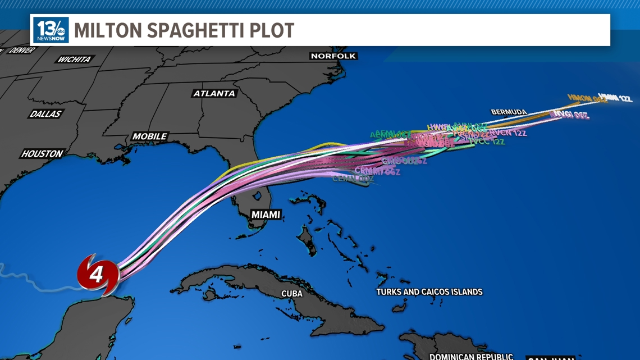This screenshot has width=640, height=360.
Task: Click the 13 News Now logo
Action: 51,30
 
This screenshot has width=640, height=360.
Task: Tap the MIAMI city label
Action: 266,215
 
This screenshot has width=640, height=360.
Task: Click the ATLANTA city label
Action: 214,93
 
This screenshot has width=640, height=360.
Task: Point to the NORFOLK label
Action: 333,56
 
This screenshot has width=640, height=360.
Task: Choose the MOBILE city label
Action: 149,136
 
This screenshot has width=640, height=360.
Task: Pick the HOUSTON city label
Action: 42,153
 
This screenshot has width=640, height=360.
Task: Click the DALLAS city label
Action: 45,114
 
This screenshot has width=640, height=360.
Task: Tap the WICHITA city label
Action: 74,60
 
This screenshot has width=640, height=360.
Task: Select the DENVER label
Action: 22,51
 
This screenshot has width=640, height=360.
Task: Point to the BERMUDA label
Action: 509,112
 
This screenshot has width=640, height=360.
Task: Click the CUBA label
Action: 292,294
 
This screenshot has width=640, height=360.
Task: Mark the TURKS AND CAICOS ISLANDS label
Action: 429,292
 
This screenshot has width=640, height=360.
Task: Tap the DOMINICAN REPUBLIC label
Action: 471,356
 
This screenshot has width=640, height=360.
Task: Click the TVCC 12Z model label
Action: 486,142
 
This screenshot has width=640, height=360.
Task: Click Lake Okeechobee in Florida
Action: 258,197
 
